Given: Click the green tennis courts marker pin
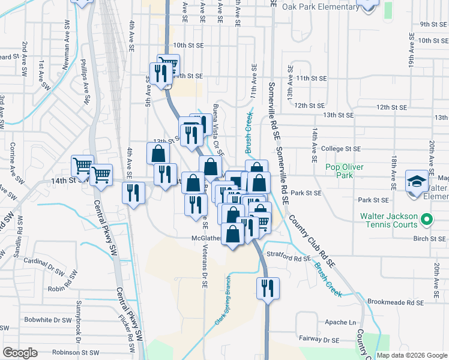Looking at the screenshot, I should (427, 220).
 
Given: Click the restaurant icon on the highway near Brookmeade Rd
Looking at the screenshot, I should (267, 287).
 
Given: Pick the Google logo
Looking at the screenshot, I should (20, 353).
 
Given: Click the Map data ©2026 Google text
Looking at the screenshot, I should (411, 355).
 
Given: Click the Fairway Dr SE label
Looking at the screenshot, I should (318, 339).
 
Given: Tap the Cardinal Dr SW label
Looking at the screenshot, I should (42, 265).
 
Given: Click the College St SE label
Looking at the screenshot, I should (340, 149).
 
